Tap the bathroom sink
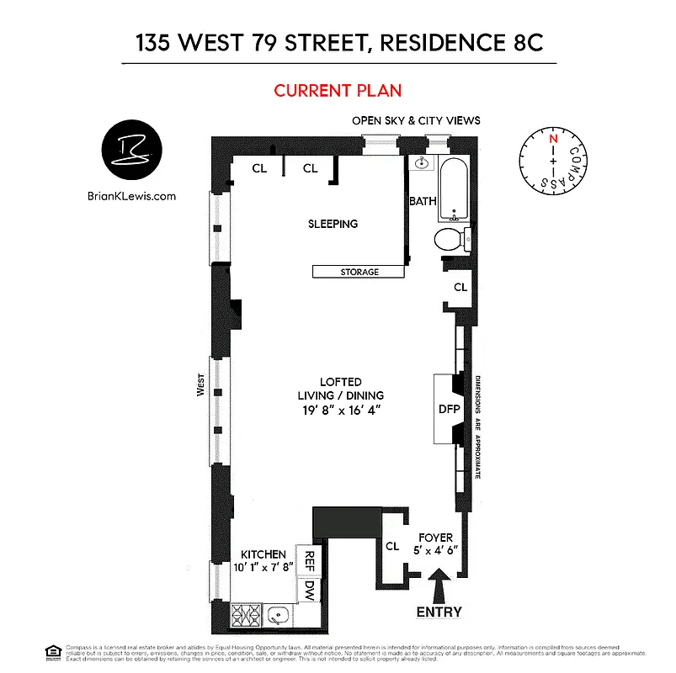423,164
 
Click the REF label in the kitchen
310,559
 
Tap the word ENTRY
439,612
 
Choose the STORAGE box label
359,272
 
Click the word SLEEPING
333,224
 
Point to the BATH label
423,201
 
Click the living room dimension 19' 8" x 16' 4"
340,409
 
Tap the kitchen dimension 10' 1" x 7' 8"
262,567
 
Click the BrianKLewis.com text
131,196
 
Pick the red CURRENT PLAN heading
338,90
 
